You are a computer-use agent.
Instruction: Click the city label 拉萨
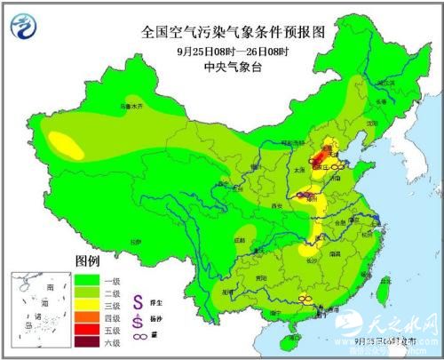tap(133, 241)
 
